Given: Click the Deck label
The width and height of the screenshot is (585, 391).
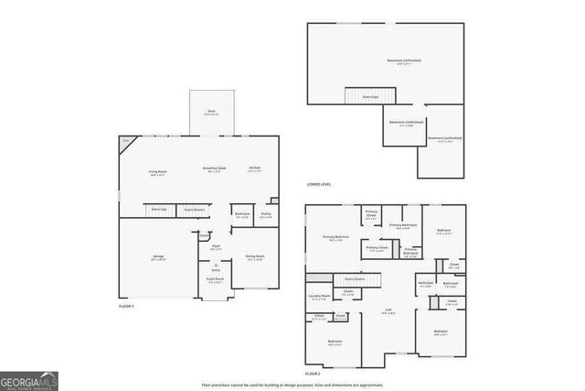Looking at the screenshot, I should tap(211, 112).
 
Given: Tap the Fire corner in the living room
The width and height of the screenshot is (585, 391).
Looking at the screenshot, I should tap(127, 141).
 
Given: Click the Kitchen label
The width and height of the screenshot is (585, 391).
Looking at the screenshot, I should tap(255, 169).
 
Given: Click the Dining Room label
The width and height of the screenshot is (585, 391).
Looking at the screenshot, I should tap(255, 257).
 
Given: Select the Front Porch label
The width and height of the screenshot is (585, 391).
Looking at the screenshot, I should tap(216, 281).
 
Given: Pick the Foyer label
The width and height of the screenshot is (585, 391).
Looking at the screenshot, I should tap(217, 246).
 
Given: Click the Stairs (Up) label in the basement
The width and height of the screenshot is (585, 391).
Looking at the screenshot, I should tap(369, 95).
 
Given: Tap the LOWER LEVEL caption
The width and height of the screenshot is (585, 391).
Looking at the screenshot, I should tap(319, 184).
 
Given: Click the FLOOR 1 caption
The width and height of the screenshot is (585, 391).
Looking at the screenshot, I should tap(126, 306).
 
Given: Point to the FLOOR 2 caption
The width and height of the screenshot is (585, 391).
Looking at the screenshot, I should tap(313, 374).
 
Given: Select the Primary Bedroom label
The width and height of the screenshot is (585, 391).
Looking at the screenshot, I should tap(335, 238).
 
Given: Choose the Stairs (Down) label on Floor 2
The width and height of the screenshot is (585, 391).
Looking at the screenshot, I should tap(354, 278).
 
